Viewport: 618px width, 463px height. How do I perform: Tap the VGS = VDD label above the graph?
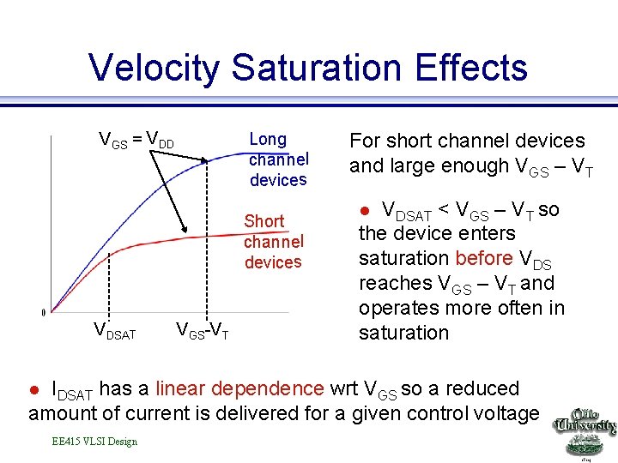pos(136,140)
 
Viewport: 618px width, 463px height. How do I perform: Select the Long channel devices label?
pos(278,159)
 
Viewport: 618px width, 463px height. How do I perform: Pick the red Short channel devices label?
pos(273,241)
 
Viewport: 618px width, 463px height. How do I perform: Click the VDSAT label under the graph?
pos(114,331)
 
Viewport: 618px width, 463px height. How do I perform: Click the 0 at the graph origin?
pos(44,311)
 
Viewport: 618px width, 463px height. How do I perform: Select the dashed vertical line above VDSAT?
pos(109,283)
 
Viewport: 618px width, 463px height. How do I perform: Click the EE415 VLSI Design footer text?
pos(94,442)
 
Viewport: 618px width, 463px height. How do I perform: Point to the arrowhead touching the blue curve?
pos(206,160)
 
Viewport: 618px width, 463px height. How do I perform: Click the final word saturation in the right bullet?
pos(403,333)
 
